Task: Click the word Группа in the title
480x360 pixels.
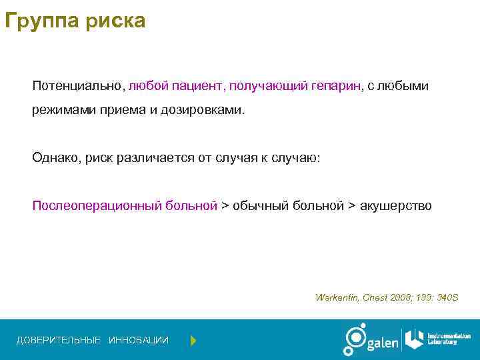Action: coord(41,21)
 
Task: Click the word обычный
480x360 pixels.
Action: coord(259,205)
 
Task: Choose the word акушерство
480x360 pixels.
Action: coord(396,205)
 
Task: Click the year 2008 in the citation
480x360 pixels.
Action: coord(403,297)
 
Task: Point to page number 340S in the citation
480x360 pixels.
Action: coord(448,297)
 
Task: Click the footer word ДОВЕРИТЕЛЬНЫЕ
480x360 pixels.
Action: coord(59,341)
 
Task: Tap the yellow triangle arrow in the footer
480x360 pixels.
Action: coord(193,341)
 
